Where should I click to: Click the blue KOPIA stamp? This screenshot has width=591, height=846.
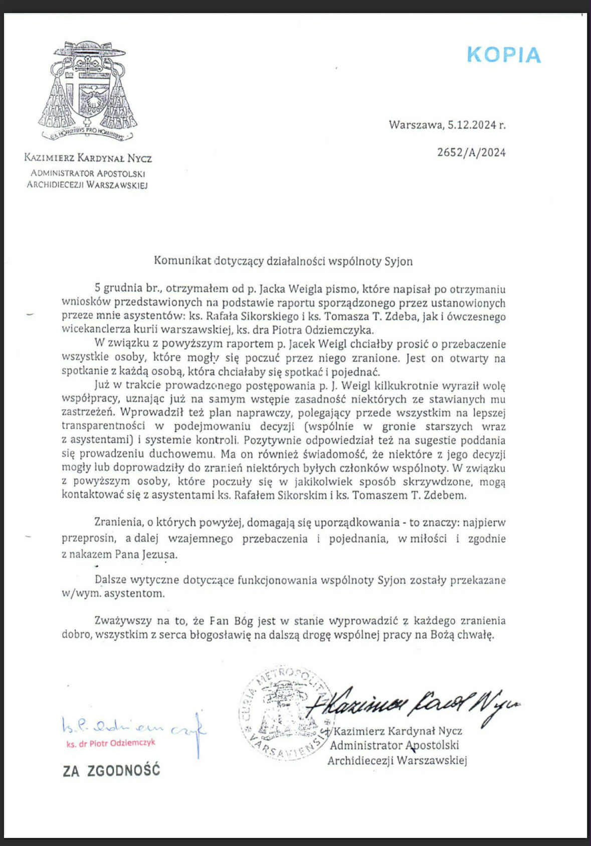504,55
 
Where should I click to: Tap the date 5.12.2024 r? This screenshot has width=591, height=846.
477,125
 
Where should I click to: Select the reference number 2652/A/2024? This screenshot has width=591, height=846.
471,153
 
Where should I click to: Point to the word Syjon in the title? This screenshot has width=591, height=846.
399,261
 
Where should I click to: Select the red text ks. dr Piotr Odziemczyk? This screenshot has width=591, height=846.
111,743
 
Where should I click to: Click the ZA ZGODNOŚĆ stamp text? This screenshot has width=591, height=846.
111,770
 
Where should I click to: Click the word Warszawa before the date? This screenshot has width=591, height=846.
415,125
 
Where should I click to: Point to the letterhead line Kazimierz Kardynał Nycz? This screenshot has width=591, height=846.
88,159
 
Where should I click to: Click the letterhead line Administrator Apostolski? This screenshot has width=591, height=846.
88,174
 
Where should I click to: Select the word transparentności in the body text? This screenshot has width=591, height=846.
103,427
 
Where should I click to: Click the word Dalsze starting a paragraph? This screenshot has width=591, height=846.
110,580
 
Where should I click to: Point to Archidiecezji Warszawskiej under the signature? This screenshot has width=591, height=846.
397,761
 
